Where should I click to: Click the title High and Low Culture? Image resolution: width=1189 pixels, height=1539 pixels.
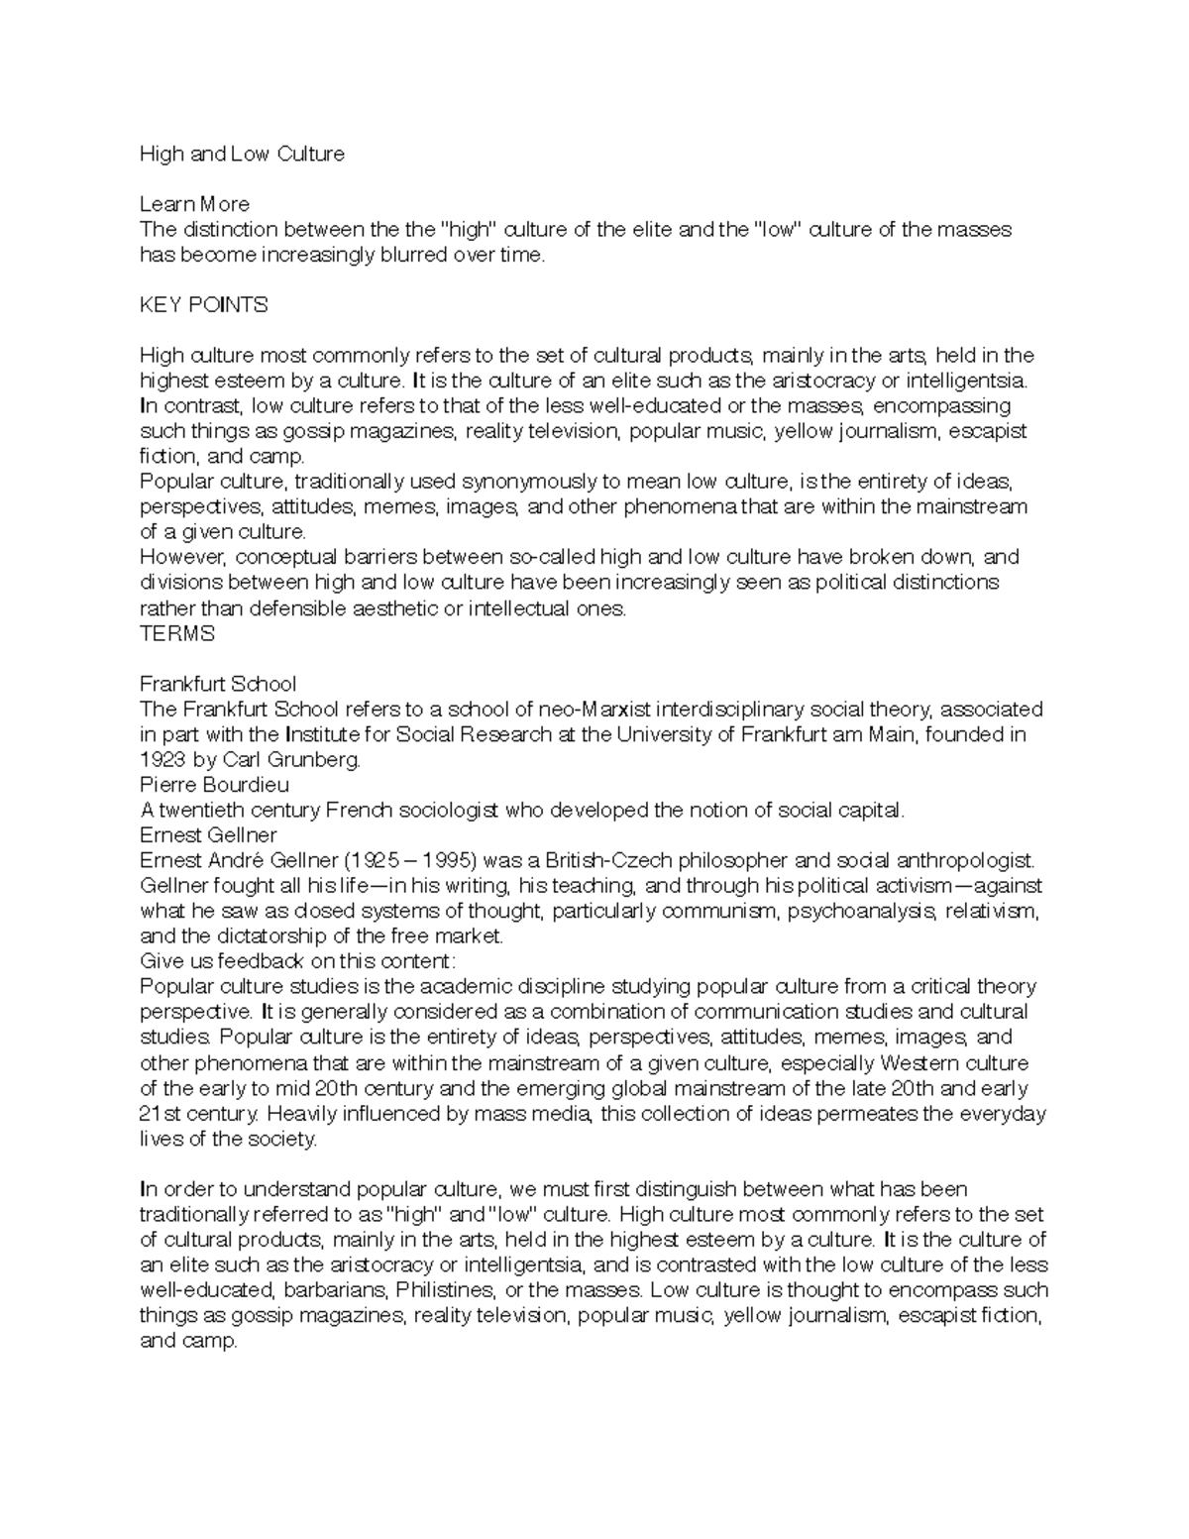coord(242,154)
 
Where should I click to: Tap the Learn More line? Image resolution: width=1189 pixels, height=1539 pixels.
coord(194,204)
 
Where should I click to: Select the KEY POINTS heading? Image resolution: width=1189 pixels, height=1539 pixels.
coord(204,305)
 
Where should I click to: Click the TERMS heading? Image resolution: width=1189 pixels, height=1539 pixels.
coord(176,633)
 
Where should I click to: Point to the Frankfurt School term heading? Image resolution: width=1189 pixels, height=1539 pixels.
coord(218,684)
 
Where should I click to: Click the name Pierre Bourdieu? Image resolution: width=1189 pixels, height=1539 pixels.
coord(215,785)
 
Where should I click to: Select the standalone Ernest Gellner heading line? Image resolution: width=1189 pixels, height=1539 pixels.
coord(208,834)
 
